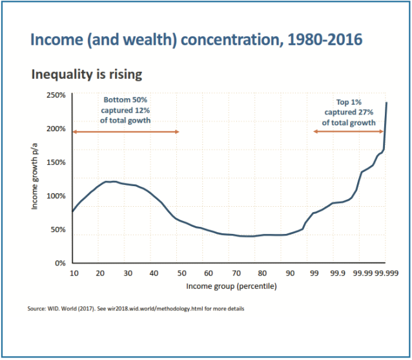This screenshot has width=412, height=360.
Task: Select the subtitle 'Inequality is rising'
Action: pyautogui.click(x=87, y=74)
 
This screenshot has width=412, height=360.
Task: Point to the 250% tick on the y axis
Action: pyautogui.click(x=57, y=96)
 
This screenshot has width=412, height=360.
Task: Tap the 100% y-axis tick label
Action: pyautogui.click(x=57, y=196)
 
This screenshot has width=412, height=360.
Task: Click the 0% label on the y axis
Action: pyautogui.click(x=60, y=263)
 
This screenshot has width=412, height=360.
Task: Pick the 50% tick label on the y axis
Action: pyautogui.click(x=58, y=229)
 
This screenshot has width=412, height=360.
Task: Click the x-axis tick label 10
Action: pyautogui.click(x=74, y=273)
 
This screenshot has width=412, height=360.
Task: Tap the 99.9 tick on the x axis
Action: pyautogui.click(x=336, y=273)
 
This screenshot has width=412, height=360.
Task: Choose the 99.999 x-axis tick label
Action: pyautogui.click(x=386, y=273)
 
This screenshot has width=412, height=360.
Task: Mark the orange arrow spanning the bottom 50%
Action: pyautogui.click(x=126, y=132)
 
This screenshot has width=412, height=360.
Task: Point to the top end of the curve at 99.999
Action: pyautogui.click(x=386, y=102)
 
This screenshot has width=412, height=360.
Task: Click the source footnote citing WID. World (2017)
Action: pyautogui.click(x=136, y=308)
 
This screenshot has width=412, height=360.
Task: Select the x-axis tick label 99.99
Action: pyautogui.click(x=362, y=273)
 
